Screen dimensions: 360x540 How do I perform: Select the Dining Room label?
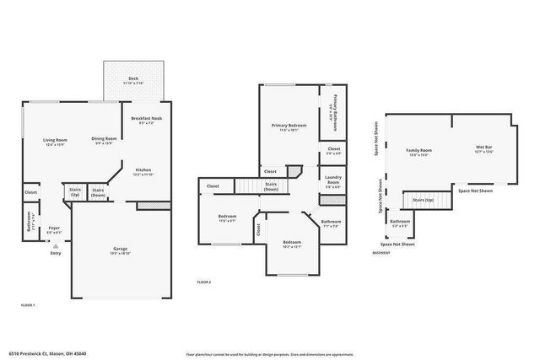(104, 139)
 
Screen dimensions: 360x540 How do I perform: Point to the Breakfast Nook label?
(146, 119)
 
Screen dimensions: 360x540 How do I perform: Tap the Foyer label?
(54, 228)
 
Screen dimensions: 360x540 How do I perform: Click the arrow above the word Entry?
(56, 245)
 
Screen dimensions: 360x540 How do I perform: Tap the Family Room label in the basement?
(418, 150)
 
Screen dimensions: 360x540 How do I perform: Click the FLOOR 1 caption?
(28, 304)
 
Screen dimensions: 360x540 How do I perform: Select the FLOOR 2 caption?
(204, 281)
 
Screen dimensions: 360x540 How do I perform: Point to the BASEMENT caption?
(381, 251)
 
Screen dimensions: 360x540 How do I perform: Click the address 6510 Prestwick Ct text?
(47, 353)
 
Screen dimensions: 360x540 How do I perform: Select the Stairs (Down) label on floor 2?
(271, 186)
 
